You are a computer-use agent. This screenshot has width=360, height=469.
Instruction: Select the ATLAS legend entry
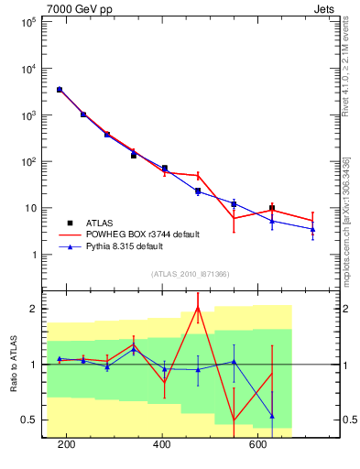(100, 222)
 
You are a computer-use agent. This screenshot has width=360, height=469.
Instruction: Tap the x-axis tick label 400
(162, 446)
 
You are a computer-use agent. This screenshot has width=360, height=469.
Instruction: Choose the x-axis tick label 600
(258, 446)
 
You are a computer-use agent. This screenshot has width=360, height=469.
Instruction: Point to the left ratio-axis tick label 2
(32, 309)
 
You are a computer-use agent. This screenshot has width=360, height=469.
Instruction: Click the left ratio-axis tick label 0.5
(30, 420)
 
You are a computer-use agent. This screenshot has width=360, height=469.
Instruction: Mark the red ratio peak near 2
(198, 307)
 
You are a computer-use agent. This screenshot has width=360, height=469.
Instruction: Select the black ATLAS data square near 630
(271, 209)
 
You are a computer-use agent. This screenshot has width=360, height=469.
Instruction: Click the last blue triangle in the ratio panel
(271, 416)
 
